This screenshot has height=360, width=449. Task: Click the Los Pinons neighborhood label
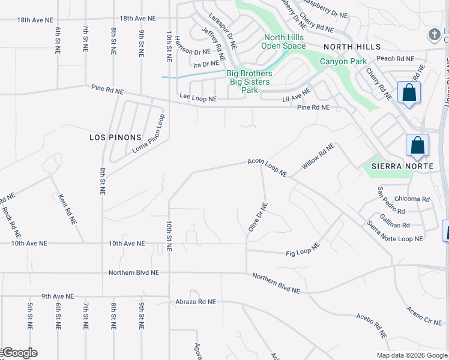pyautogui.click(x=115, y=137)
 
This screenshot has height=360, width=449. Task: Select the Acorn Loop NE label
pyautogui.click(x=268, y=167)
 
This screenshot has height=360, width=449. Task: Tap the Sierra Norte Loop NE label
pyautogui.click(x=394, y=231)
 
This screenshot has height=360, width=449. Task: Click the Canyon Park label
pyautogui.click(x=343, y=61)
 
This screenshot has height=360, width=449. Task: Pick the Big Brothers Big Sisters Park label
pyautogui.click(x=249, y=82)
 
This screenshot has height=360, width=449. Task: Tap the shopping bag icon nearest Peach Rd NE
pyautogui.click(x=409, y=93)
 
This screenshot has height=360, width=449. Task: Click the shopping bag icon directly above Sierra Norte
pyautogui.click(x=417, y=146)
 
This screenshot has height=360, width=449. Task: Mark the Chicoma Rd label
pyautogui.click(x=413, y=199)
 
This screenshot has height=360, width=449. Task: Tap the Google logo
pyautogui.click(x=20, y=353)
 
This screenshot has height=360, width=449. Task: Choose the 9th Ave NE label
pyautogui.click(x=58, y=296)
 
